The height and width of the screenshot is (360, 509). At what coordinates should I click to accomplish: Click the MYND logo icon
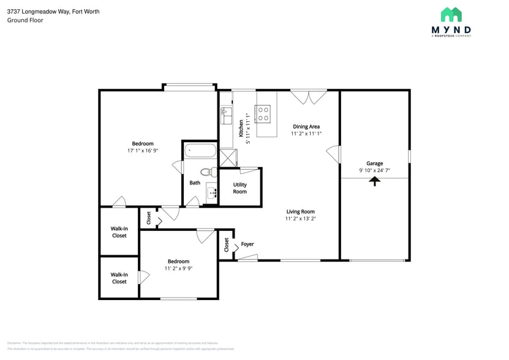(451, 15)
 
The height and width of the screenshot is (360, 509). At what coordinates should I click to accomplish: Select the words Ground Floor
(25, 20)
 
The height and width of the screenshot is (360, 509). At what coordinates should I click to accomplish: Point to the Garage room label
(374, 163)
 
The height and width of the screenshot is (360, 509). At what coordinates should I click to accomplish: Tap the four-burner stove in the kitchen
(263, 113)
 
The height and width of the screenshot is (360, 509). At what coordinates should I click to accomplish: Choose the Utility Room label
(239, 188)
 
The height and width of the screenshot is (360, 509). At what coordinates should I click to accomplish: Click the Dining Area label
(306, 127)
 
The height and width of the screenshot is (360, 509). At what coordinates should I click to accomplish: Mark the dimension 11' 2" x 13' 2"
(300, 219)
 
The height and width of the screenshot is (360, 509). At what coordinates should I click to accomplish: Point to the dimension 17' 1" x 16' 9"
(143, 151)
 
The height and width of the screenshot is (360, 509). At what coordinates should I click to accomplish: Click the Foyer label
(247, 244)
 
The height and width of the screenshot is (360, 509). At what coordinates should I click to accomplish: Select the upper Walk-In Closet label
(119, 232)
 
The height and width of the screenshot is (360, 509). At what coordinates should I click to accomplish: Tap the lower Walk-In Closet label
(119, 278)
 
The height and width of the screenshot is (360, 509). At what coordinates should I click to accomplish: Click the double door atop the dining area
(309, 97)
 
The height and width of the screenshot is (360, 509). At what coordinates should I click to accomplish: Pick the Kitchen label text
(241, 128)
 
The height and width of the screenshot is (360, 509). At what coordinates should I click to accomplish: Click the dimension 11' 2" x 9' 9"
(178, 268)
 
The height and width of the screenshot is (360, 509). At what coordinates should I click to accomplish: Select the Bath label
(195, 182)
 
